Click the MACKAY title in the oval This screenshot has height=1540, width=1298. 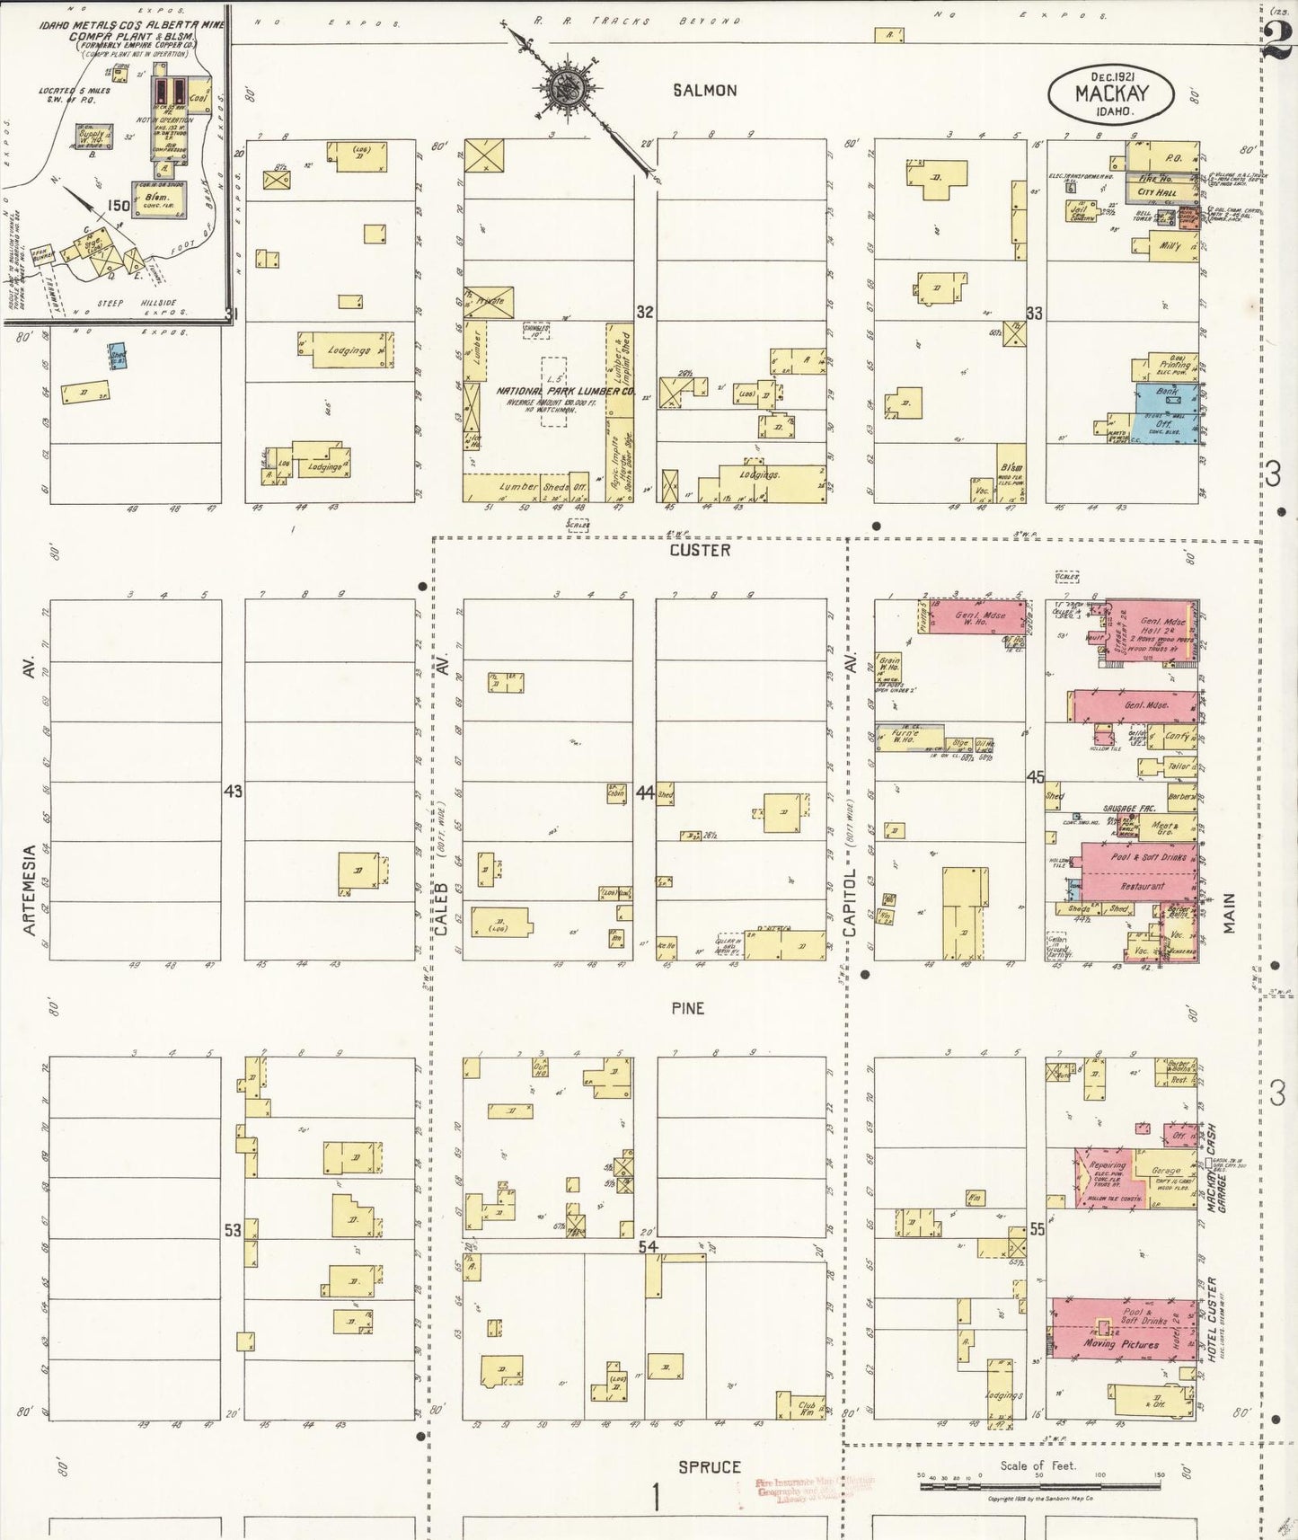tap(1110, 93)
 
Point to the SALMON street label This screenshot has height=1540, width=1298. tap(705, 90)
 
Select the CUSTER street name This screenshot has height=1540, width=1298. tap(700, 550)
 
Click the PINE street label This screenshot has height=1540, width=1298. tap(687, 1008)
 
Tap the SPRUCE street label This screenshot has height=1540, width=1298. tap(709, 1466)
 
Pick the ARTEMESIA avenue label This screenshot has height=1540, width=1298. tap(30, 889)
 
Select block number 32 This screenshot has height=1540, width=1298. tap(645, 312)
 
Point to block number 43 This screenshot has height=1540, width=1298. tap(233, 792)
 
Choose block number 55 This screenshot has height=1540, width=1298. tap(1037, 1228)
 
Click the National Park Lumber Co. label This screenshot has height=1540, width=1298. tap(566, 391)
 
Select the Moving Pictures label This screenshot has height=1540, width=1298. tap(1110, 1343)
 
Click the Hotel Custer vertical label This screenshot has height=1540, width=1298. tap(1212, 1319)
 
